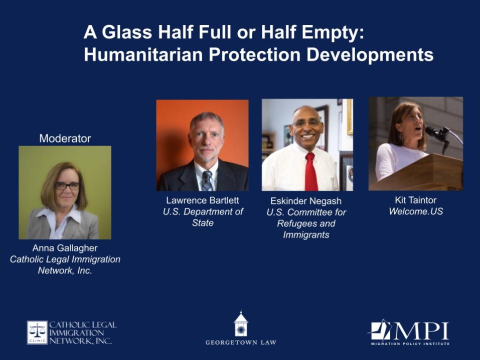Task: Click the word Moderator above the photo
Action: coord(65,138)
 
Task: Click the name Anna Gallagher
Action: coord(65,248)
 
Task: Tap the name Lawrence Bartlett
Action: coord(202,200)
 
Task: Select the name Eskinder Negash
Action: coord(306,201)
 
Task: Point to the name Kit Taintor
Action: coord(415,200)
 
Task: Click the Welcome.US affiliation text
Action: coord(415,211)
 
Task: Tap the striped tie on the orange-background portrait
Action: coord(207,180)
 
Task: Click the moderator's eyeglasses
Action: coord(67,185)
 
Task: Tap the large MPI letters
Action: coord(421,330)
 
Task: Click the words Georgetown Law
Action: coord(241,342)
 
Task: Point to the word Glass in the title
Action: coord(126,32)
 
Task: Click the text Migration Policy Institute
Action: coord(410,344)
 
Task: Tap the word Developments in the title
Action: coord(370,55)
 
